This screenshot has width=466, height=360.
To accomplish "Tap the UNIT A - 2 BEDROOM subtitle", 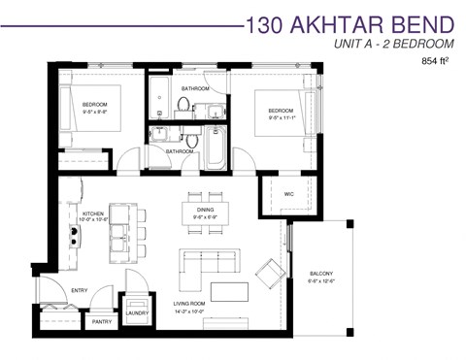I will (393, 45).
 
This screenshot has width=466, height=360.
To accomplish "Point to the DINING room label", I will (205, 209).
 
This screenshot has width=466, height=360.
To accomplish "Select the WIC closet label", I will (288, 194).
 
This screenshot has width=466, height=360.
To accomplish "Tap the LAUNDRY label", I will (136, 312).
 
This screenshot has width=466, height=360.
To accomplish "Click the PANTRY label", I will (101, 322).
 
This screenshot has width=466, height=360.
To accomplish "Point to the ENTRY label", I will (80, 289).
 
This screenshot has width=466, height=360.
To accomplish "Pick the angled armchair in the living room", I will (265, 268).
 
